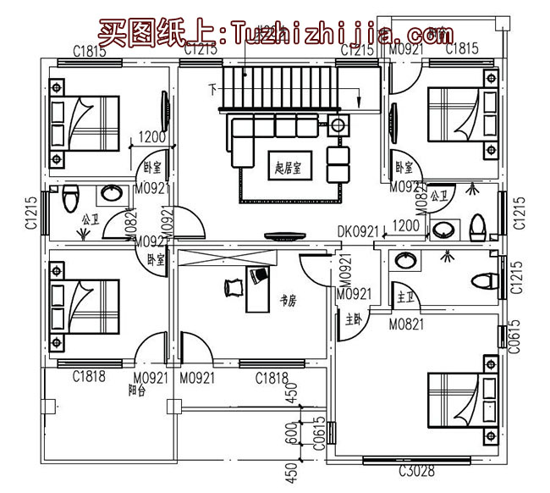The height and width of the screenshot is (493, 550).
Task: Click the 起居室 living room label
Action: click(289, 167)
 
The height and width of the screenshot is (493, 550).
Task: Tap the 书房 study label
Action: click(287, 300)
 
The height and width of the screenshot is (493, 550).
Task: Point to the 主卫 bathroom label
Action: click(404, 296)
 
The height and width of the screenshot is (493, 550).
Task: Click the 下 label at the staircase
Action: click(213, 87)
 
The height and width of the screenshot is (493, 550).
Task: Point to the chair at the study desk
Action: click(233, 288)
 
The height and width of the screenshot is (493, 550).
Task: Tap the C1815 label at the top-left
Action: click(89, 52)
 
